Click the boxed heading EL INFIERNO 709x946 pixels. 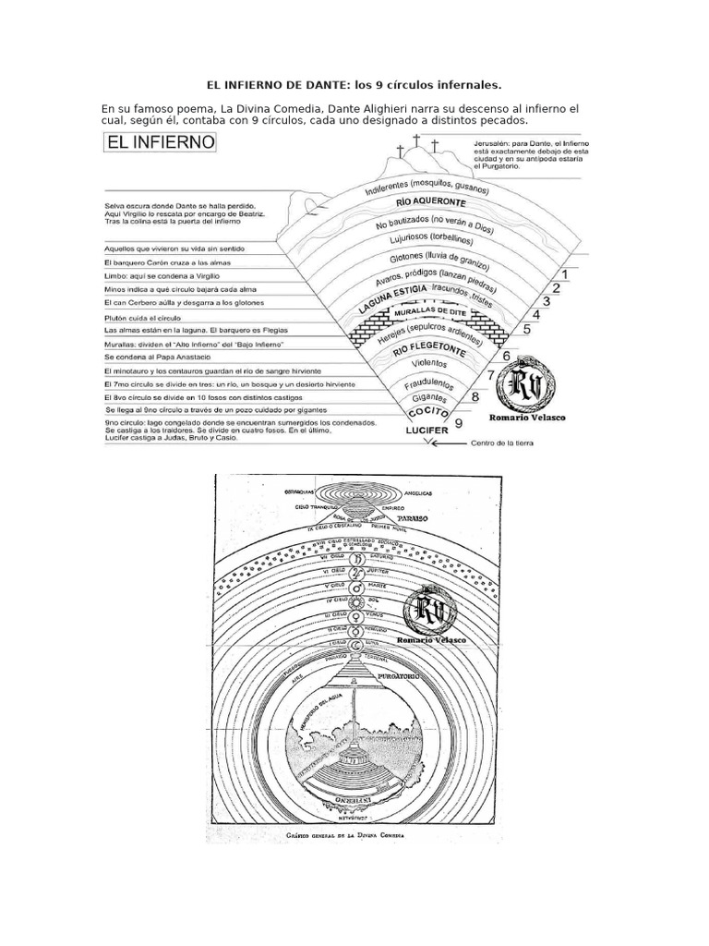pos(161,143)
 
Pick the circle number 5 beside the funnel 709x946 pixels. pos(525,328)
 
